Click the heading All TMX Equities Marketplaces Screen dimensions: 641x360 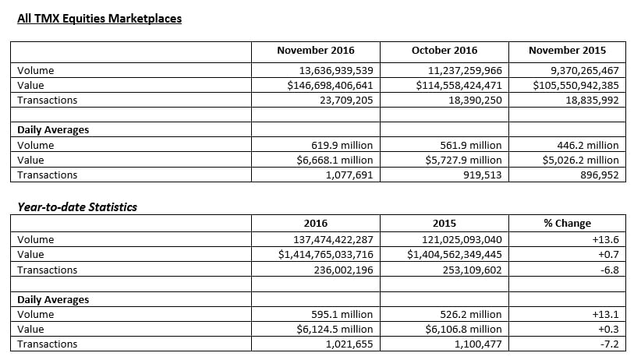(x=99, y=19)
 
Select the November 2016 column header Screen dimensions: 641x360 (x=316, y=51)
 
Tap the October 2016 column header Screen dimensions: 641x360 (x=444, y=51)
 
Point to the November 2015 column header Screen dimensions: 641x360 (x=568, y=51)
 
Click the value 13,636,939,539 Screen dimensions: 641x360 (x=336, y=71)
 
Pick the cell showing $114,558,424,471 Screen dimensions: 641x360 (x=459, y=86)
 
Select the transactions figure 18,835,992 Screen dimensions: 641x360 (x=593, y=100)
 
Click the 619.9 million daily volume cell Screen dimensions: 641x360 (x=342, y=146)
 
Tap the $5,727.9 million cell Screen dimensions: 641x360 (x=463, y=161)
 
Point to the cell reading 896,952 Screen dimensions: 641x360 (x=600, y=175)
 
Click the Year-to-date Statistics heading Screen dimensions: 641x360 (x=77, y=207)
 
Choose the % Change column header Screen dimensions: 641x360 (x=568, y=223)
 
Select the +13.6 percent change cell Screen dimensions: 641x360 (x=605, y=239)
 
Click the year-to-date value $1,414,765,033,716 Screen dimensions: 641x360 (x=326, y=255)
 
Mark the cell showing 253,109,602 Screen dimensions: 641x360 (x=472, y=270)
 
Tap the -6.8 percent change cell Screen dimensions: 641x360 (x=610, y=270)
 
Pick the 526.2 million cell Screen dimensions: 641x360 (x=471, y=315)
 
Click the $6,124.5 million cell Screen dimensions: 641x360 (x=335, y=330)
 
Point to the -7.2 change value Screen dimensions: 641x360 (x=610, y=344)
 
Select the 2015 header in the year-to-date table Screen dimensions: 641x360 (x=444, y=223)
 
